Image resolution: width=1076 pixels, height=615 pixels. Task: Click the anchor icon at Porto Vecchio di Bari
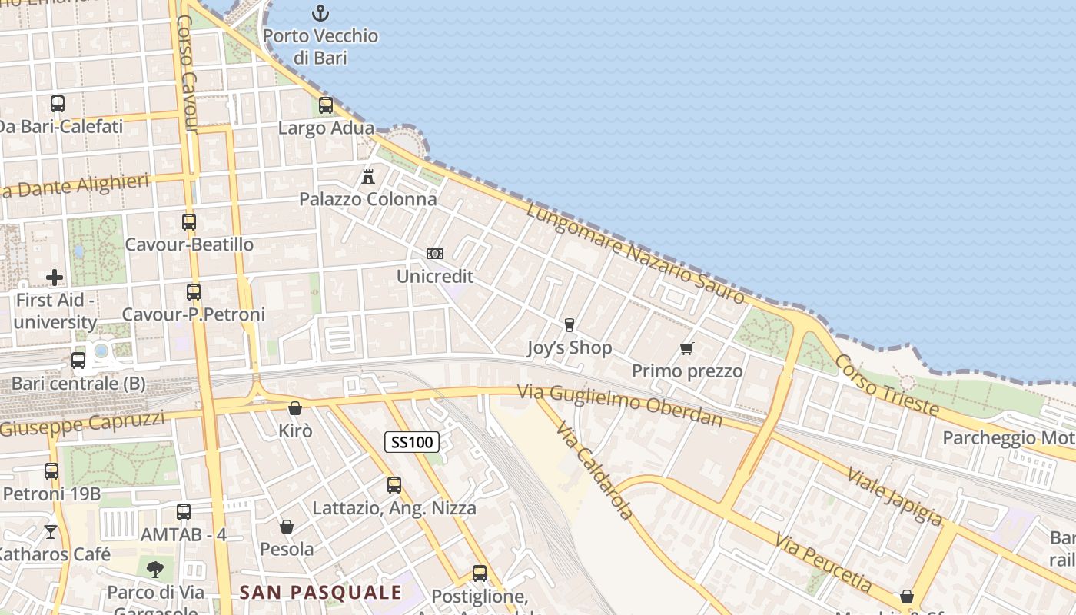click(x=320, y=12)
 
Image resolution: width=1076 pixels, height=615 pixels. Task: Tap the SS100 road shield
click(x=412, y=442)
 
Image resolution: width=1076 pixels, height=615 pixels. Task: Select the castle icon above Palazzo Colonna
click(x=368, y=176)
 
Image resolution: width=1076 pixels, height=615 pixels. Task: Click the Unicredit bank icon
click(x=435, y=254)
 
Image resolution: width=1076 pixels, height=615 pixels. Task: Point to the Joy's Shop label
click(x=570, y=347)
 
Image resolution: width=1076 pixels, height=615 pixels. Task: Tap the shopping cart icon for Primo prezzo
click(x=687, y=348)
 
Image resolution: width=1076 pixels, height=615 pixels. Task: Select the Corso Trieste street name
click(x=886, y=385)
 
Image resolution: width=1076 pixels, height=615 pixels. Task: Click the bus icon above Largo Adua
click(x=326, y=105)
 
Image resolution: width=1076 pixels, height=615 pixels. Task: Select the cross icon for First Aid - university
click(x=55, y=277)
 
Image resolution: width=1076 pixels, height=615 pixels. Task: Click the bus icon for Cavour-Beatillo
click(x=189, y=222)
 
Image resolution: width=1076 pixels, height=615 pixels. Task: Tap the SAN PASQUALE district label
click(x=320, y=592)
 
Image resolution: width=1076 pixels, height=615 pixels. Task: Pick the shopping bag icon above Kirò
click(x=295, y=408)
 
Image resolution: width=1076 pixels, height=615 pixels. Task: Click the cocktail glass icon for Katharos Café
click(x=51, y=531)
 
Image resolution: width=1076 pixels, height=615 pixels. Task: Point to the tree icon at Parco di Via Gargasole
click(x=156, y=570)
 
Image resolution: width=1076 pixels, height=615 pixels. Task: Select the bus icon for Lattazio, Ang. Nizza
click(x=394, y=485)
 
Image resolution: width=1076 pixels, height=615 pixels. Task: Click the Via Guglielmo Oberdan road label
click(x=619, y=405)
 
